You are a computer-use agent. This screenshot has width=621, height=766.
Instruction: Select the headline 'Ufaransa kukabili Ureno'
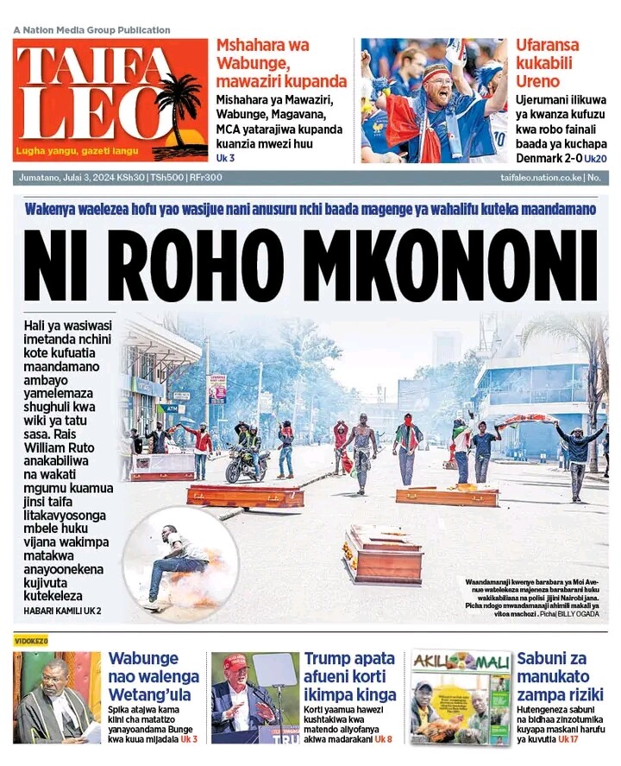[x=549, y=63]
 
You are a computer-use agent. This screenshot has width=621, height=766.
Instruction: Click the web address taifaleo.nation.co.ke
[x=540, y=178]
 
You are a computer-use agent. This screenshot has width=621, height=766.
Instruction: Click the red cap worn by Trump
[x=235, y=662]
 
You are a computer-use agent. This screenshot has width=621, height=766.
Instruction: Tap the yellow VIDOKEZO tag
[x=31, y=640]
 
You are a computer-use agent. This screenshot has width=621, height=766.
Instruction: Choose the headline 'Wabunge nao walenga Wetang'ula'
[x=154, y=676]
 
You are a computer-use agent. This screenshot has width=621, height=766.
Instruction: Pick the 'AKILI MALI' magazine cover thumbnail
[x=460, y=697]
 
